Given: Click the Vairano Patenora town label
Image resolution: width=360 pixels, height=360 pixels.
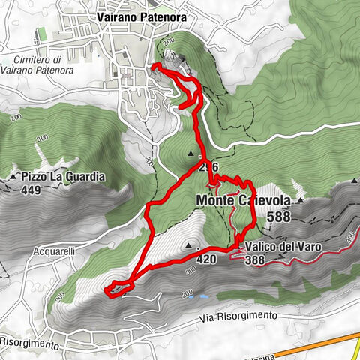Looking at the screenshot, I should click(x=141, y=13).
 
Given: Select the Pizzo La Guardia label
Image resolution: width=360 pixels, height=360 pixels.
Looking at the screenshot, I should click(x=63, y=177).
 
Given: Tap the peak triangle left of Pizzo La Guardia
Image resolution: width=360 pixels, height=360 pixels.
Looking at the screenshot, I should click(x=13, y=177).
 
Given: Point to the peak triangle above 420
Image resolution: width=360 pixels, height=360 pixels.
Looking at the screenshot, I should click(x=188, y=244).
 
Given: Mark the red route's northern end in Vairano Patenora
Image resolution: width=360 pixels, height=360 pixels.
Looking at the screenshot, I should click(x=153, y=66).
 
